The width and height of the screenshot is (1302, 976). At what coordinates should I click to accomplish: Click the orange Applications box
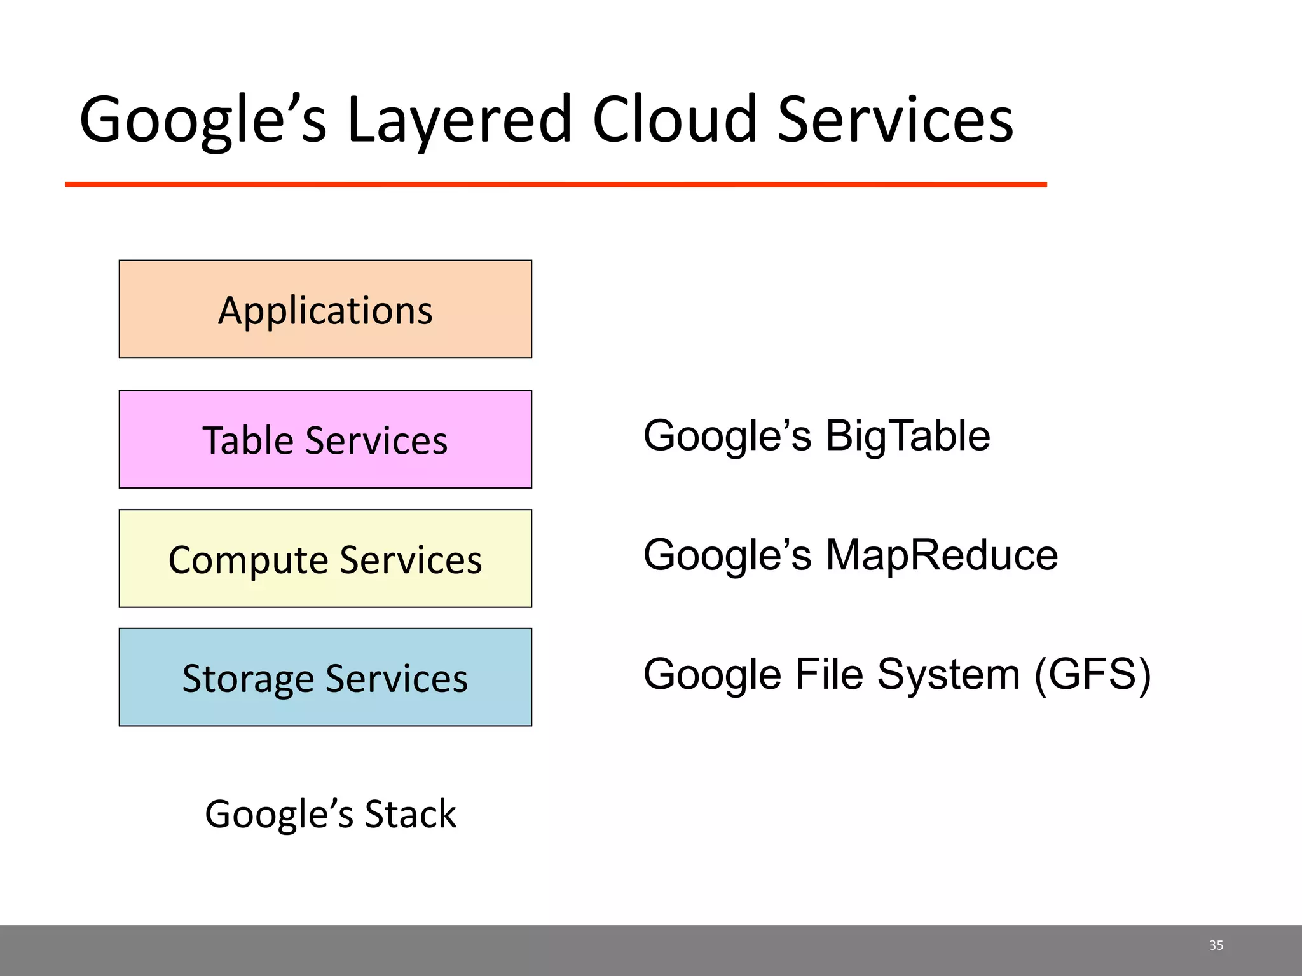[325, 309]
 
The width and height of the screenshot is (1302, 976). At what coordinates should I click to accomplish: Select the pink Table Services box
[325, 439]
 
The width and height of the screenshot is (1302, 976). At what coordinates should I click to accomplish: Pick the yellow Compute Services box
[325, 559]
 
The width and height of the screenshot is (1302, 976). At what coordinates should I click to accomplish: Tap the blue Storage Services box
[325, 677]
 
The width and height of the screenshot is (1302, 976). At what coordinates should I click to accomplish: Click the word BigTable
[908, 436]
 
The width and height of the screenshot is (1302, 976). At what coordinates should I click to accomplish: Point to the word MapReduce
[942, 555]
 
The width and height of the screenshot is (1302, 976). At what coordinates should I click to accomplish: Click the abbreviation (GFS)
[1092, 674]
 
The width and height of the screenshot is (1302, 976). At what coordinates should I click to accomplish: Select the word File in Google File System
[829, 674]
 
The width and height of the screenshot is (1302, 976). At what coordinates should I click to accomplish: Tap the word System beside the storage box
[949, 674]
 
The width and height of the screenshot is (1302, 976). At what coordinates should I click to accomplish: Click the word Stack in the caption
[410, 814]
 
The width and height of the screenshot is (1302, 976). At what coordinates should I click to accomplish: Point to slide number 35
[1216, 945]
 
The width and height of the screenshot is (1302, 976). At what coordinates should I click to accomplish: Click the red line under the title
[556, 184]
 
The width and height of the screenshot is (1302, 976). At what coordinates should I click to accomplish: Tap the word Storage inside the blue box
[249, 679]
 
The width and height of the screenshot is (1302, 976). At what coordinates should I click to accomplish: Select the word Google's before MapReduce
[727, 555]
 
